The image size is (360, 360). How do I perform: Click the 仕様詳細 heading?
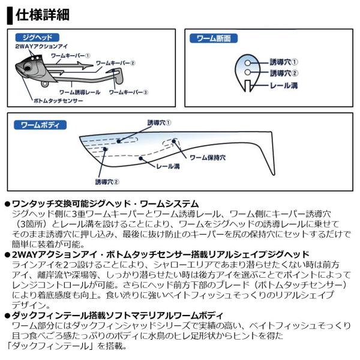pyautogui.click(x=43, y=15)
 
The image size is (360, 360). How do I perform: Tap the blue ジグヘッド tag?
pyautogui.click(x=37, y=37)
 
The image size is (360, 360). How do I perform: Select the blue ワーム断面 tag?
pyautogui.click(x=214, y=38)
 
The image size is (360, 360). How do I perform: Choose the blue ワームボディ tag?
pyautogui.click(x=40, y=125)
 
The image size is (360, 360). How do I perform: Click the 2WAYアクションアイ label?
pyautogui.click(x=41, y=46)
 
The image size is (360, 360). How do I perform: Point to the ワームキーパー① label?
pyautogui.click(x=70, y=56)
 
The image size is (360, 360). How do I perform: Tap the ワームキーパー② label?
pyautogui.click(x=115, y=63)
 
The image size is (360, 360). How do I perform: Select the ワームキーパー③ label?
pyautogui.click(x=128, y=92)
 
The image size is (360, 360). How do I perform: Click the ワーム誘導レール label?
pyautogui.click(x=80, y=92)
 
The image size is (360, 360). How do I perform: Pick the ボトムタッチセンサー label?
pyautogui.click(x=58, y=101)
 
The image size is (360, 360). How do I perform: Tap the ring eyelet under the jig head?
pyautogui.click(x=45, y=84)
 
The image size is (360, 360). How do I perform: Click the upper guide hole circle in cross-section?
pyautogui.click(x=247, y=62)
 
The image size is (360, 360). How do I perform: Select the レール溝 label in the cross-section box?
pyautogui.click(x=284, y=85)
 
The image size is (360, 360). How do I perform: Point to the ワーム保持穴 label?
pyautogui.click(x=208, y=157)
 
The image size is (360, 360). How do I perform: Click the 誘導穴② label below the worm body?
pyautogui.click(x=107, y=182)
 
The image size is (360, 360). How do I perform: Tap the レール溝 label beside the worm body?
pyautogui.click(x=168, y=166)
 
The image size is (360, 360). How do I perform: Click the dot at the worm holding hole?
pyautogui.click(x=174, y=141)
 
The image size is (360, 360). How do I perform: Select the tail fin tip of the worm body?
pyautogui.click(x=273, y=175)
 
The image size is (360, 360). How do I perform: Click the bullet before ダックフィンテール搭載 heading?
pyautogui.click(x=8, y=316)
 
